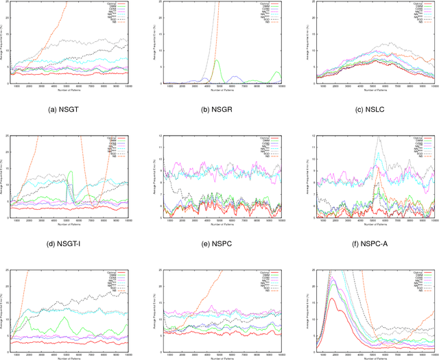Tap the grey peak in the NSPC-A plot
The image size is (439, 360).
point(379,138)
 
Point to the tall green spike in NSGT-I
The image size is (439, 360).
point(69,172)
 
